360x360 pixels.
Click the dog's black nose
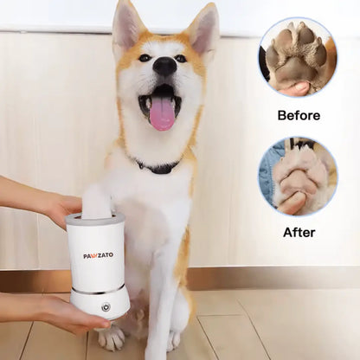[164, 66]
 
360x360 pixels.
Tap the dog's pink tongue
[162, 115]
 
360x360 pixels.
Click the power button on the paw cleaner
[106, 307]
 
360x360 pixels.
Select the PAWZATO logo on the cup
[98, 255]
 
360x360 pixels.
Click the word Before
[299, 115]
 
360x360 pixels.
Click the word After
[299, 232]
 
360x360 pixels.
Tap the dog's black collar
[158, 167]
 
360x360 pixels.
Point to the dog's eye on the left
[145, 58]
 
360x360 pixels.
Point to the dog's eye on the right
[181, 59]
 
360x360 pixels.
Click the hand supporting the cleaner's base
[55, 312]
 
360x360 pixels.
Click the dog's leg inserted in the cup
[97, 199]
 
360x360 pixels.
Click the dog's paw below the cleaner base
[111, 337]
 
